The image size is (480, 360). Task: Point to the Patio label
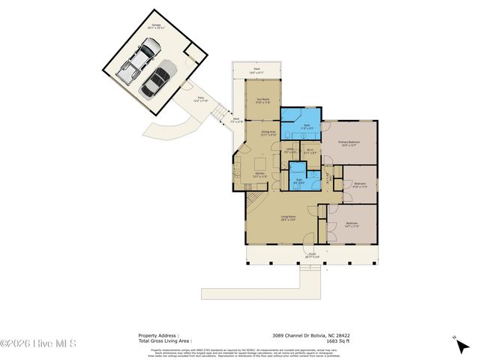(200, 99)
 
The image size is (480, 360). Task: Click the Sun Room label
(262, 100)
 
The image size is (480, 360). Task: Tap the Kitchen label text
(259, 174)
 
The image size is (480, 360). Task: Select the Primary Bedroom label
(349, 142)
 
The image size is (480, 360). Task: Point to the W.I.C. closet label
(310, 150)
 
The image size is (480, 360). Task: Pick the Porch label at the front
(310, 256)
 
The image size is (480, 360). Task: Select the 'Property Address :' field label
(157, 335)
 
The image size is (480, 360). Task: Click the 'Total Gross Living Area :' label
(165, 340)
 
